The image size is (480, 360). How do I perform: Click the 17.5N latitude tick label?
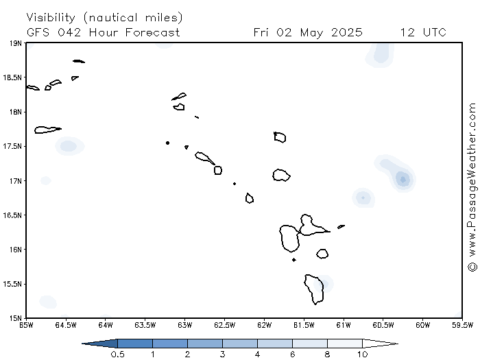click(12, 146)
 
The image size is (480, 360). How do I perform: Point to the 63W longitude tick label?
click(185, 325)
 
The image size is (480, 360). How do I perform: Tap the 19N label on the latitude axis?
click(16, 43)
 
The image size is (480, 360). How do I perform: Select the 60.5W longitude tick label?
click(383, 325)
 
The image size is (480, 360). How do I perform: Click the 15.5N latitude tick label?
click(12, 284)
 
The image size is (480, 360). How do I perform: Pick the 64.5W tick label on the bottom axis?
click(66, 325)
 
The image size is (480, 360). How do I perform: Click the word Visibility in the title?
click(51, 17)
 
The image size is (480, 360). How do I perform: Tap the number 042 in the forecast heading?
click(69, 32)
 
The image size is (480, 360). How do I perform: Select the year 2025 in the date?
click(347, 32)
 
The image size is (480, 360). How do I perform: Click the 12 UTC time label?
click(423, 32)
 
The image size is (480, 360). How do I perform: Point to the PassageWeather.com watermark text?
click(472, 187)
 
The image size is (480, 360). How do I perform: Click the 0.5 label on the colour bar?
click(117, 355)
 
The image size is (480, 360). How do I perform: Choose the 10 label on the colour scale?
click(363, 355)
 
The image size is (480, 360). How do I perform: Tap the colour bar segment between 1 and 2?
click(170, 344)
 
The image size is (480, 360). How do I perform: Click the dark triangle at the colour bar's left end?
click(101, 344)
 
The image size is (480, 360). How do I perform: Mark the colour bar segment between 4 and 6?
click(275, 344)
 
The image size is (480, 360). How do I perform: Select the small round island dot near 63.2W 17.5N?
click(167, 143)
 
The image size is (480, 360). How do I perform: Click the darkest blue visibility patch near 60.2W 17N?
click(403, 179)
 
